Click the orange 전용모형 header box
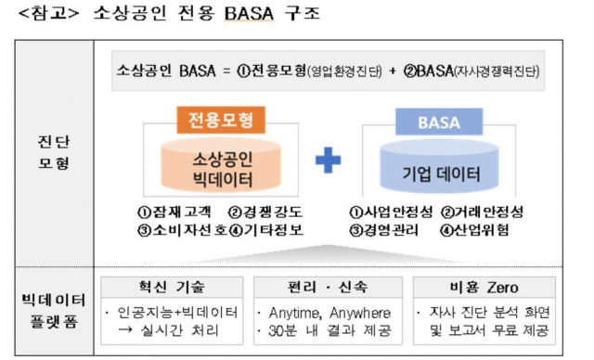(x=221, y=120)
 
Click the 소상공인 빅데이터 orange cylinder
(x=220, y=163)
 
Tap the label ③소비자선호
(x=181, y=230)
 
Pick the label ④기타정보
(x=265, y=230)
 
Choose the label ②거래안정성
(x=482, y=211)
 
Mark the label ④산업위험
(x=474, y=230)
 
